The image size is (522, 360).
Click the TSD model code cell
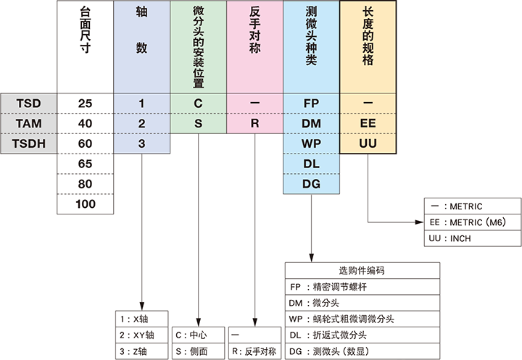(28, 103)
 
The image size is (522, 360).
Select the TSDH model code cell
(28, 143)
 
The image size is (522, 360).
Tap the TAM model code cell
(28, 123)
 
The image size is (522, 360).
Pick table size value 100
(85, 204)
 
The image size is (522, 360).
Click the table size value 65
(85, 164)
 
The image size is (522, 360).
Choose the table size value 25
(85, 103)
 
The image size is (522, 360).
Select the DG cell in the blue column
(311, 184)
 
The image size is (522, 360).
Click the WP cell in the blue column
(311, 143)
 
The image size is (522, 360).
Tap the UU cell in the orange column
(368, 143)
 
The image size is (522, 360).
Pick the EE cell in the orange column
(368, 123)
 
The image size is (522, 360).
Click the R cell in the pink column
(254, 123)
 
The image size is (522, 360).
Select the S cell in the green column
(198, 123)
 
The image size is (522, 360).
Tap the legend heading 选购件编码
(361, 269)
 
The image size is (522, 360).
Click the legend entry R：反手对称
(254, 351)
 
